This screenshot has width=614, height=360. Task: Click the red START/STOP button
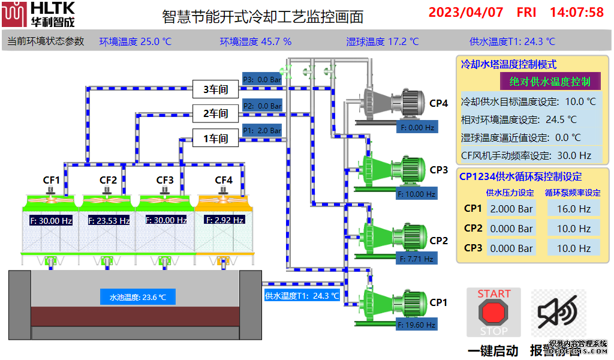pos(493,312)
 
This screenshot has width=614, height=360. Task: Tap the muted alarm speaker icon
pos(558,311)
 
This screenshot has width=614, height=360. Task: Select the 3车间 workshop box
pos(215,90)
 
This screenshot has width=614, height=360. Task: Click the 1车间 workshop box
pos(215,139)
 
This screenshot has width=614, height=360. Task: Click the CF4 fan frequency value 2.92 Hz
pos(224,220)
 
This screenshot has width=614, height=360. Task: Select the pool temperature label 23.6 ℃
pos(137,297)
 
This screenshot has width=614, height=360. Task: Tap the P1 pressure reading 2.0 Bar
pos(262,130)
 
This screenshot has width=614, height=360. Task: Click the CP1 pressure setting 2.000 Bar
pos(511,209)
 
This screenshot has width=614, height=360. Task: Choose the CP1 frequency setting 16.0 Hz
pos(574,209)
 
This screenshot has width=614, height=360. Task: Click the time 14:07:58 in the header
pos(576,12)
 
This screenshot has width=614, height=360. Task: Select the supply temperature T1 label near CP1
pos(302,296)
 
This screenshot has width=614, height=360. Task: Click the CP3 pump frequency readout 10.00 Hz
pos(416,194)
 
